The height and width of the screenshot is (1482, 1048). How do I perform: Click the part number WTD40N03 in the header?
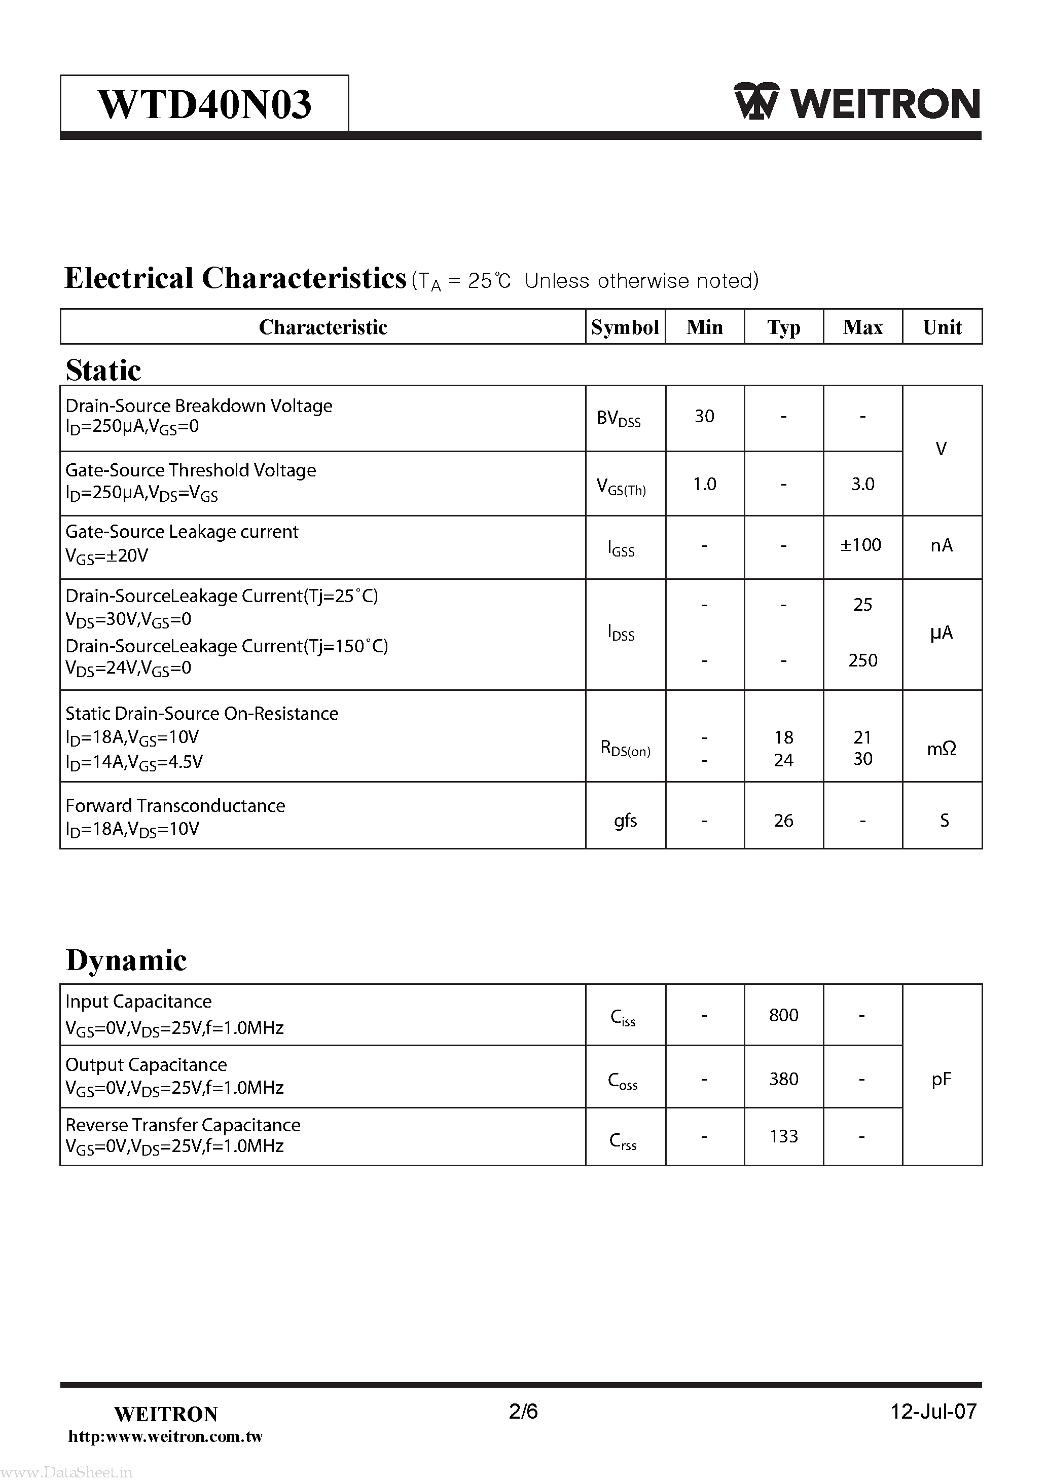click(205, 104)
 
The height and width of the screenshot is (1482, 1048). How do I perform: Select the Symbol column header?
click(625, 327)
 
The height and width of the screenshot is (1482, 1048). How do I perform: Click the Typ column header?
click(783, 327)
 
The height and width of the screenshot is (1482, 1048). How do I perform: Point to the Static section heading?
click(103, 370)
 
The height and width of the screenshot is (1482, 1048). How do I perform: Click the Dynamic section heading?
click(127, 960)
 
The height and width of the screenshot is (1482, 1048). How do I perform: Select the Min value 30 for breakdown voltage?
click(704, 416)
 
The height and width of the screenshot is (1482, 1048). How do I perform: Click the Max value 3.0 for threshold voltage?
click(862, 484)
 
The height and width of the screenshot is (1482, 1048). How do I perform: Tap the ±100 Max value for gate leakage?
click(861, 545)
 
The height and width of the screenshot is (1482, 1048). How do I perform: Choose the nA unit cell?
click(941, 546)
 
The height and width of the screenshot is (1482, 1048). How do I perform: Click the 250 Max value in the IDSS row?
click(862, 660)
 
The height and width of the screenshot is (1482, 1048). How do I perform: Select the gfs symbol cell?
click(625, 821)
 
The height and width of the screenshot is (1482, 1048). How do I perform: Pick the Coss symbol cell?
click(623, 1081)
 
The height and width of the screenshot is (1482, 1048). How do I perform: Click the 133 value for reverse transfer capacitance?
click(783, 1137)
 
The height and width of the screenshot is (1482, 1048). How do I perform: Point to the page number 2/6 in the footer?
click(523, 1412)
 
